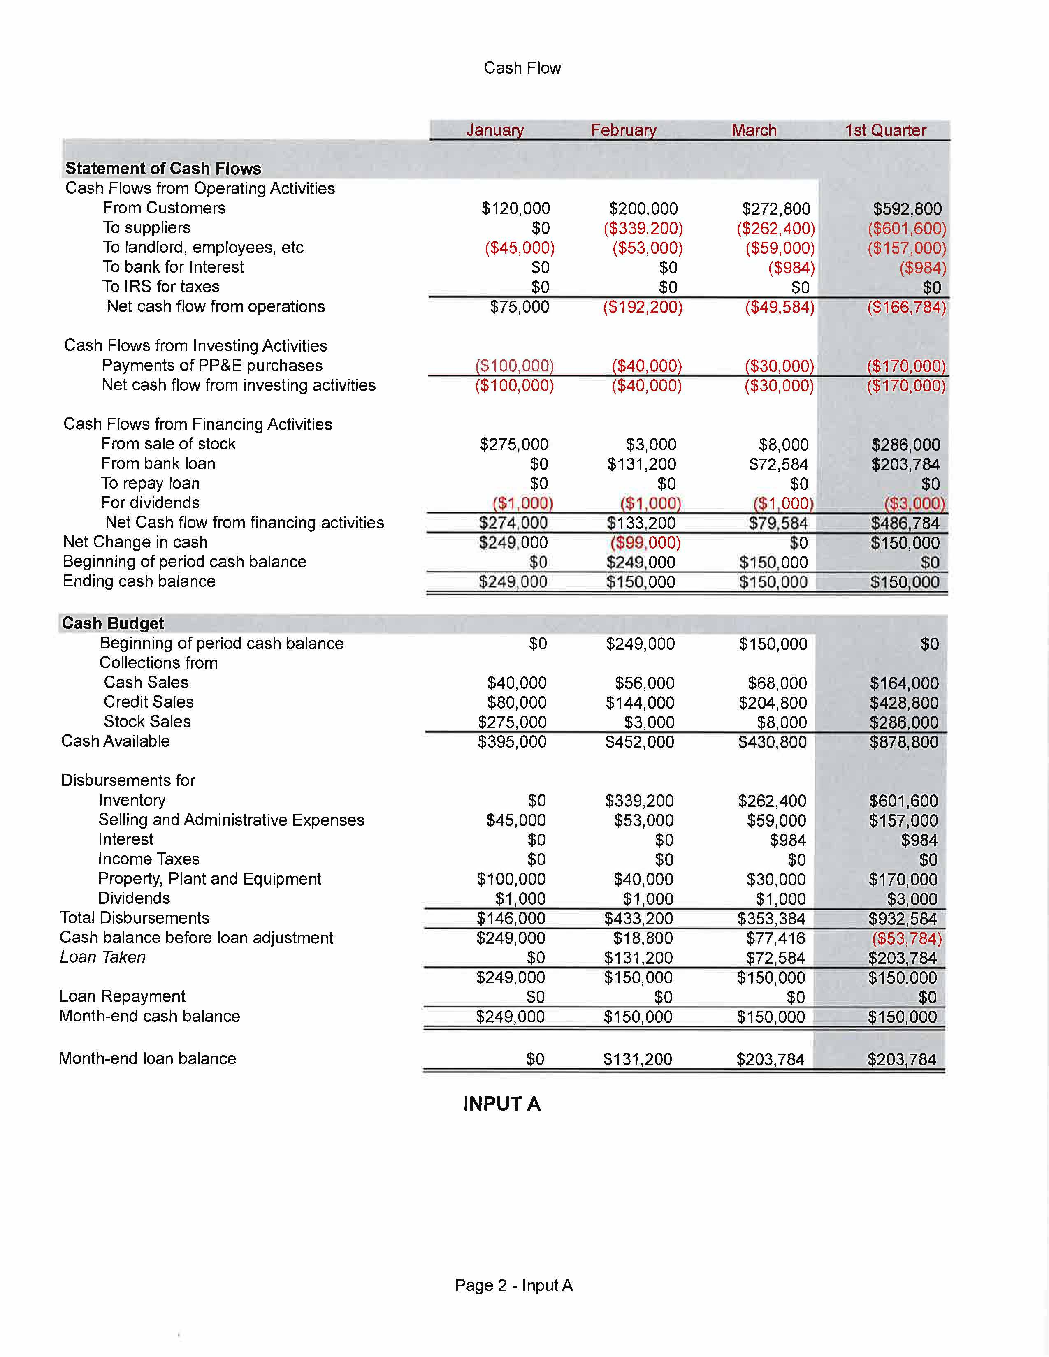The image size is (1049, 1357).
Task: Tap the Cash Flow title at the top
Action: (522, 68)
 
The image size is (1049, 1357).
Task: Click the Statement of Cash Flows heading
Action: (163, 168)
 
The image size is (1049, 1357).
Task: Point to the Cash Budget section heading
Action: (112, 623)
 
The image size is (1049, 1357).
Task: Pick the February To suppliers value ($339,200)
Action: (643, 229)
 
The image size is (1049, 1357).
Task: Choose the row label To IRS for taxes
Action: (161, 287)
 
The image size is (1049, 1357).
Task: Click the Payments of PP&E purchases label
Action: (212, 365)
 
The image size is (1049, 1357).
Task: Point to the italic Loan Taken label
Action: (102, 957)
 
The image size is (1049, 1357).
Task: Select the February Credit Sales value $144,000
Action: (640, 703)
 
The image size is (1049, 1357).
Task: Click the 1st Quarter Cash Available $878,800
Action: (904, 742)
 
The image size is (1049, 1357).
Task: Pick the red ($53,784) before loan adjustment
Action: (906, 938)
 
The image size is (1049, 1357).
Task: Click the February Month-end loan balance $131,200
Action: (638, 1059)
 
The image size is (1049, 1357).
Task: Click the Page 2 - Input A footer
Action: (513, 1285)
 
